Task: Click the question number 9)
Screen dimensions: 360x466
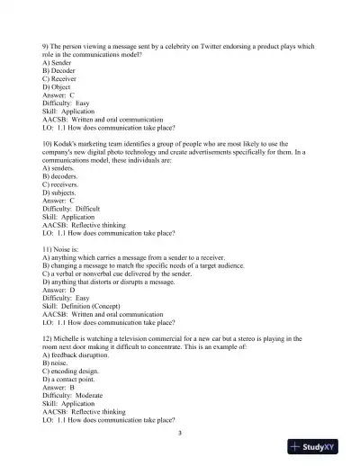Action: coord(47,46)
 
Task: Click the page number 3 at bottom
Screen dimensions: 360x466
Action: coord(180,433)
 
